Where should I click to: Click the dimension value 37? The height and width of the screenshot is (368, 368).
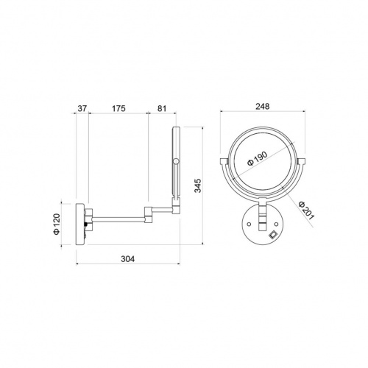pos(82,108)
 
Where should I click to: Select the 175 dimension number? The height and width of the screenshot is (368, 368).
pos(118,108)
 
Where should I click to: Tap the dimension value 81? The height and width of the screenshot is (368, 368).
pos(162,108)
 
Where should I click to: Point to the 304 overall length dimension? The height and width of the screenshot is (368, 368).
pos(128,258)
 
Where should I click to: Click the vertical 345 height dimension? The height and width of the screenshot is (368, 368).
pos(198,185)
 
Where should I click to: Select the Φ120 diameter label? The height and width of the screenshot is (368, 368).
pos(57,224)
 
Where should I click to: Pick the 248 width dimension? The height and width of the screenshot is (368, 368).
pos(263,106)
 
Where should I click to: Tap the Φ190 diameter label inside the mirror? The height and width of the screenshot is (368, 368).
pos(258,158)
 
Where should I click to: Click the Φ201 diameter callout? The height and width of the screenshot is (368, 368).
pos(306,210)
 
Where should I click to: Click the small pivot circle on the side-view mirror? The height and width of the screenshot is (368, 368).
pos(176,161)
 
